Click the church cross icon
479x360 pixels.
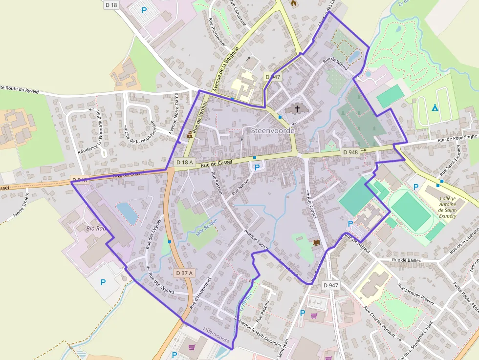tap(297, 109)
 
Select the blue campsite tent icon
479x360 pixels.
tap(435, 107)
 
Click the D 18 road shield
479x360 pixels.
tap(111, 5)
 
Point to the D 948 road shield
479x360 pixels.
tap(350, 152)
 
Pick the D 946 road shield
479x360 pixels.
tap(79, 180)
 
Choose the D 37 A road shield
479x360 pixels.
tap(184, 273)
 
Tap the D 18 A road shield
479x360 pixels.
tap(185, 162)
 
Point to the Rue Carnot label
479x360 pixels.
tap(309, 205)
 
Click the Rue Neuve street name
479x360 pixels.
tap(240, 186)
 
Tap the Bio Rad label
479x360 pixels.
tap(96, 228)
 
